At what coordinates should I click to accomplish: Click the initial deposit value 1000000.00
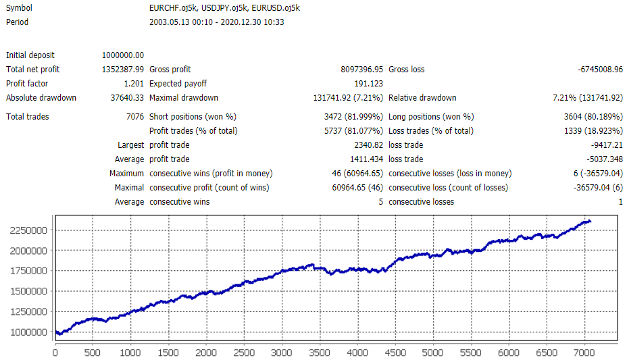[x=122, y=55]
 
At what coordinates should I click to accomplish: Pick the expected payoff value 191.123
[x=368, y=84]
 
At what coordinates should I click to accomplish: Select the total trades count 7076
[x=134, y=117]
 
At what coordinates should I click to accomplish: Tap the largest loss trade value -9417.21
[x=603, y=145]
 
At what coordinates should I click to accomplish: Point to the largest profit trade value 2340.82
[x=368, y=145]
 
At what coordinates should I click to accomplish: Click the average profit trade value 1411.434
[x=366, y=159]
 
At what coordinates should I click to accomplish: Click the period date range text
[x=216, y=22]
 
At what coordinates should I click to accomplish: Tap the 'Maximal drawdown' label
[x=183, y=98]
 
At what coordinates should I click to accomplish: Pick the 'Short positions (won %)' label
[x=193, y=117]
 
